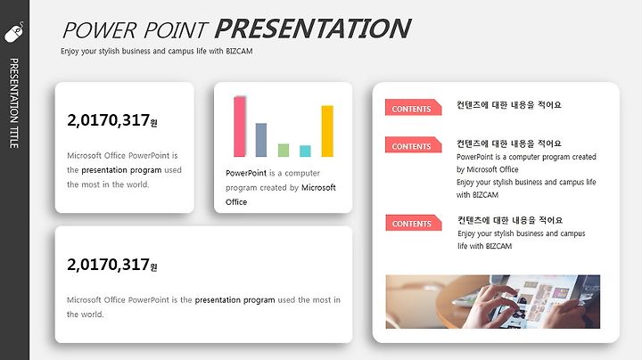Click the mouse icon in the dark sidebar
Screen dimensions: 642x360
[14, 32]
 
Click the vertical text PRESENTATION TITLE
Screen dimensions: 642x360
[14, 103]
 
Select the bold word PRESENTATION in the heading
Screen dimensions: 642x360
[313, 29]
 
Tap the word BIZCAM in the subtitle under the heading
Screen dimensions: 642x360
[239, 51]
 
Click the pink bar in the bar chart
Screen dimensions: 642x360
[240, 127]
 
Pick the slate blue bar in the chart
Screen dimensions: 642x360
[261, 140]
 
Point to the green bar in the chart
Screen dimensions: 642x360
[284, 150]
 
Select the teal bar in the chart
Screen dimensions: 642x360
[305, 151]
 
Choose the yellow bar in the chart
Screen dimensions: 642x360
[327, 131]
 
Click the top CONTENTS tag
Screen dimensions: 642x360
[413, 108]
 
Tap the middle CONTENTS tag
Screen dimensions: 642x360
[413, 145]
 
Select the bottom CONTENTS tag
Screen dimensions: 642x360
[414, 223]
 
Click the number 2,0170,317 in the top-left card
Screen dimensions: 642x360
[109, 120]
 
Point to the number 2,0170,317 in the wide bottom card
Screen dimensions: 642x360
[109, 265]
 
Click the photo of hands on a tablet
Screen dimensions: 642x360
[493, 302]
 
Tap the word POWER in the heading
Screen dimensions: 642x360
[100, 30]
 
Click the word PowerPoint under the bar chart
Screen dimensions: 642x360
[246, 173]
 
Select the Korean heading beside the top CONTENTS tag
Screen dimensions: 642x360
[509, 105]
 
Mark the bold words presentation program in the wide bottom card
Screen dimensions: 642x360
[235, 300]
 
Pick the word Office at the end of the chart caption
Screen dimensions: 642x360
[236, 202]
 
